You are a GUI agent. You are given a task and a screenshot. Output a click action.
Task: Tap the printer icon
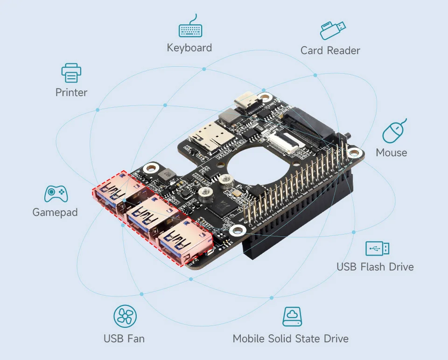pos(71,73)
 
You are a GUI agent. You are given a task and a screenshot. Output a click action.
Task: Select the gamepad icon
pos(56,194)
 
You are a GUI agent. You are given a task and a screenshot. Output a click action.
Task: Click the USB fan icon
pos(125,317)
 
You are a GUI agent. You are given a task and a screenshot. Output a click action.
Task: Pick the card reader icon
pos(333,30)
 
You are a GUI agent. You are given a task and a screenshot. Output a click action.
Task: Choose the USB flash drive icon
pos(377,249)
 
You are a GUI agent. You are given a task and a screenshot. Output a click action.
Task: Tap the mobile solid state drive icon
pos(292,317)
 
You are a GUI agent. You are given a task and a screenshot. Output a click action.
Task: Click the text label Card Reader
pos(330,50)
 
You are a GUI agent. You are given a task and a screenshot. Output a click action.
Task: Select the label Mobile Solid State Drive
pos(290,339)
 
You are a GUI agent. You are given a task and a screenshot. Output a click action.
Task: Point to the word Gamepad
pos(55,212)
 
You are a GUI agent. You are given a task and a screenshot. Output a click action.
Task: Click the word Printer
pos(71,92)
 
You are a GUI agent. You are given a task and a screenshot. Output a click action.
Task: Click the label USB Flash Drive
pos(375,267)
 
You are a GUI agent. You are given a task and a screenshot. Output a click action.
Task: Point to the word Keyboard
pos(189,48)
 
